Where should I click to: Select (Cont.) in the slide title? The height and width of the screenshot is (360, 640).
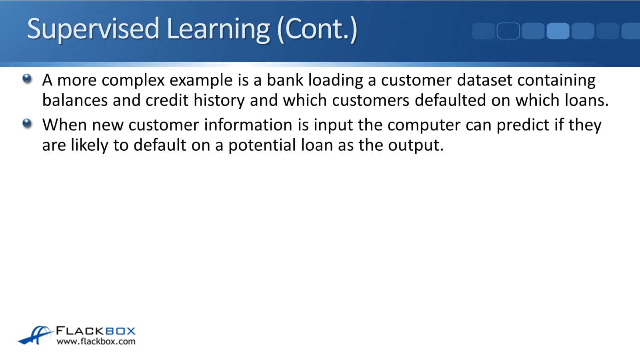317,30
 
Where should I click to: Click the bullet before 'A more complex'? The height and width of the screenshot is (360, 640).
27,78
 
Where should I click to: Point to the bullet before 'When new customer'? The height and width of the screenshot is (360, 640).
27,124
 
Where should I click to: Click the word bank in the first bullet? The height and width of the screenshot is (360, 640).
285,80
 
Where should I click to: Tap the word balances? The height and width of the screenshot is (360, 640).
75,100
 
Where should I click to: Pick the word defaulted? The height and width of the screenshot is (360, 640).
450,100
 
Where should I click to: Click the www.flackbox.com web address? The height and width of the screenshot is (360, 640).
96,342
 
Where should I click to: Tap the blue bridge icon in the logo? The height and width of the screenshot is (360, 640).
36,335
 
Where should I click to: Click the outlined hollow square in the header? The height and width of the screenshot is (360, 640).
508,31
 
